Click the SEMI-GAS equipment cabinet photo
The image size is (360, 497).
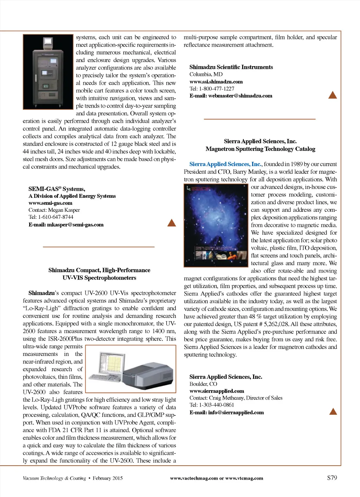pos(48,72)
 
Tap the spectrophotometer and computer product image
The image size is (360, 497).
pos(131,369)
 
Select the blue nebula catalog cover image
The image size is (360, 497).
pos(216,225)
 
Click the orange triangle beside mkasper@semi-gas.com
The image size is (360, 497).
pos(172,223)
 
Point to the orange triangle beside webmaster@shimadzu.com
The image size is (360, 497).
pos(332,95)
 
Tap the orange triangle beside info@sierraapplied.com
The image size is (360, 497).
pos(333,412)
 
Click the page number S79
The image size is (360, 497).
pos(332,478)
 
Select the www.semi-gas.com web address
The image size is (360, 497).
pos(50,203)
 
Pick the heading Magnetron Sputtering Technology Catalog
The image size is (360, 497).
pos(260,149)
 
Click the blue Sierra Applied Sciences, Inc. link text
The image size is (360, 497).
pos(225,164)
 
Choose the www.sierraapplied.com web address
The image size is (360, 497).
pos(217,391)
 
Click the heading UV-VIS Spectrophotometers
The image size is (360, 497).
pos(99,278)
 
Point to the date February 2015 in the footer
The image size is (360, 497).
pos(108,478)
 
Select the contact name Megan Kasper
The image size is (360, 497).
pos(64,210)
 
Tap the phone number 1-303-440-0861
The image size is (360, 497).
pos(217,405)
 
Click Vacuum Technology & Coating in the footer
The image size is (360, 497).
pos(54,478)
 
